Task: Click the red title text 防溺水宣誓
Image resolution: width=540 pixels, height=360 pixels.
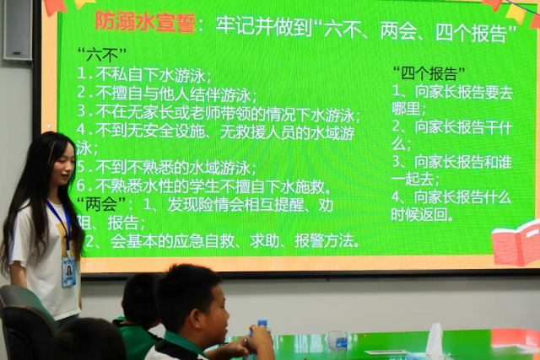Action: (145, 22)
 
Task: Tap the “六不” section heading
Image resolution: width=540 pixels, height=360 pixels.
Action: (102, 55)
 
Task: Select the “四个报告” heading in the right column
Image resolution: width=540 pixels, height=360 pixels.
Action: (429, 73)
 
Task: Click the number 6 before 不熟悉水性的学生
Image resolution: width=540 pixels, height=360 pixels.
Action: (81, 185)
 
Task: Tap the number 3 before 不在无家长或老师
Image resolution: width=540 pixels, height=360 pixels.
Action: (82, 110)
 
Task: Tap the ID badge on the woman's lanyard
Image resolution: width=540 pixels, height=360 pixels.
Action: (69, 271)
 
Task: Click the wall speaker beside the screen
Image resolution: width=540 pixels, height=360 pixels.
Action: (18, 30)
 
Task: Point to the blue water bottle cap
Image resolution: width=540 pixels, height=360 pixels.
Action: (262, 323)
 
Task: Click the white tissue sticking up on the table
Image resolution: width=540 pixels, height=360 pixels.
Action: (435, 340)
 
